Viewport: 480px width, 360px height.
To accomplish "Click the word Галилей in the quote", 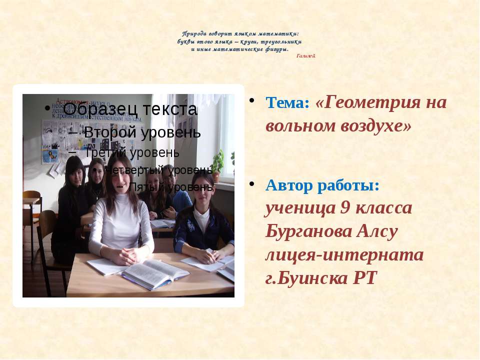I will point(305,55).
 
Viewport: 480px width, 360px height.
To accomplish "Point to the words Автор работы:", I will point(322,184).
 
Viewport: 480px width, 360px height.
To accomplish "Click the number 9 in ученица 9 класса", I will point(344,207).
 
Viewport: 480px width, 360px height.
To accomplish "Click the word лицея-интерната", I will point(344,255).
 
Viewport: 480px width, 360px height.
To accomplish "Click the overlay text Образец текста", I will point(130,109).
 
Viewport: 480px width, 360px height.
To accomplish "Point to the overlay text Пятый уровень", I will point(170,187).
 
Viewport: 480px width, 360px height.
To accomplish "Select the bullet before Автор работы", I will point(253,184).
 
